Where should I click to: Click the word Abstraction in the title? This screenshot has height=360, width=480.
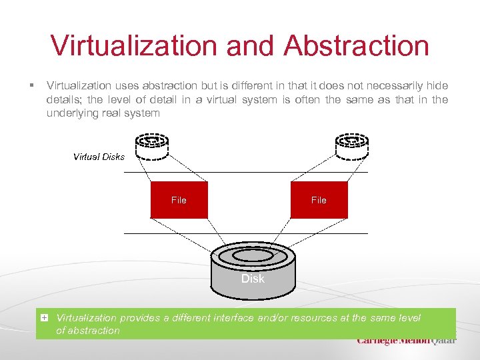click(356, 45)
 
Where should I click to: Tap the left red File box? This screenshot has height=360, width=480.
click(179, 200)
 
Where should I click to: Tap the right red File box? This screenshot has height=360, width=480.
click(319, 200)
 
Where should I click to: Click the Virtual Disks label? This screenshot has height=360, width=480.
click(99, 157)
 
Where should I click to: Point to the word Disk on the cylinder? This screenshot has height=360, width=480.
click(253, 279)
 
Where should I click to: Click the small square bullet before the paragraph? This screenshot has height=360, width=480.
click(31, 86)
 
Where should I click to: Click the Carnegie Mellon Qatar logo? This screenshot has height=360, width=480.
click(407, 340)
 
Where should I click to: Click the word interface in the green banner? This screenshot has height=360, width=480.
click(230, 318)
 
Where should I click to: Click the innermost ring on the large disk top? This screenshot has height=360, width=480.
click(253, 255)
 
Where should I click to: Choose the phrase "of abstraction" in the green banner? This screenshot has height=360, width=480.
click(88, 330)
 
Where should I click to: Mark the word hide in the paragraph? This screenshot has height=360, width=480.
click(437, 86)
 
